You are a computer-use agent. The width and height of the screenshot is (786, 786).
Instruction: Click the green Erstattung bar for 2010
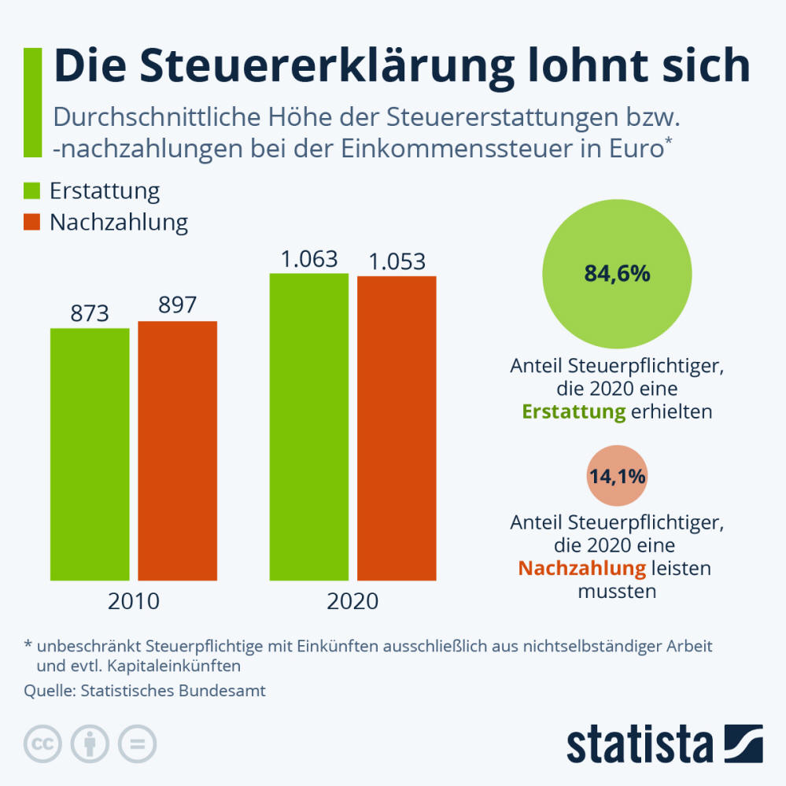point(90,454)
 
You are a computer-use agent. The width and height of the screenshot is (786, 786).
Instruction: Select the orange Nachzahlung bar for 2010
point(177,451)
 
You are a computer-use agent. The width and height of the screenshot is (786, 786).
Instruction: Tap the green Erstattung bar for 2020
point(308,426)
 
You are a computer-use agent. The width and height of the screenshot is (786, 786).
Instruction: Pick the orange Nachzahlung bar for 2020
point(397,428)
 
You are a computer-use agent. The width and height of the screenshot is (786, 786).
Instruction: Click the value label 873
point(90,314)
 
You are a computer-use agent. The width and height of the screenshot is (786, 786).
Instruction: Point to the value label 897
point(177,305)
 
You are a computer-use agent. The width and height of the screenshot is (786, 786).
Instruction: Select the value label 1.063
point(309,259)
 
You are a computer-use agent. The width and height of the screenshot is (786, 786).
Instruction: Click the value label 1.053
point(397,260)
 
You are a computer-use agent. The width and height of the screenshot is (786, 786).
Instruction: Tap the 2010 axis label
point(134,602)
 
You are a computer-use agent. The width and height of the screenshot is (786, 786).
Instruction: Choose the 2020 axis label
point(352,602)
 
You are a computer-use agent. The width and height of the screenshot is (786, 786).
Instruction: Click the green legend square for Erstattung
point(32,191)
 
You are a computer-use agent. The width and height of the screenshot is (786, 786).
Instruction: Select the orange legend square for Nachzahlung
point(32,222)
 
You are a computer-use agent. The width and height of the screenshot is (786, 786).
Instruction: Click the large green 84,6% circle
point(617,274)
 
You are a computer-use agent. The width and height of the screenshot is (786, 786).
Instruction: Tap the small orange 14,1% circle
point(617,475)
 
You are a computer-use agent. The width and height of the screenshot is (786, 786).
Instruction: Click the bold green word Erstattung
point(573,411)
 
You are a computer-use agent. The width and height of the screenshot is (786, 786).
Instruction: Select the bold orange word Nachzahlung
point(581,568)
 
